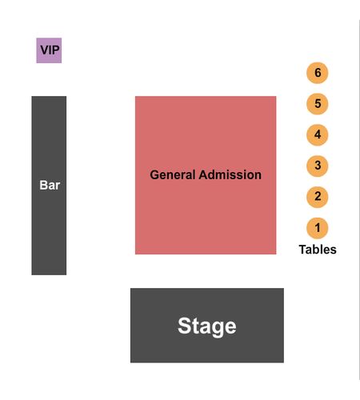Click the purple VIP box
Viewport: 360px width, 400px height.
tap(49, 50)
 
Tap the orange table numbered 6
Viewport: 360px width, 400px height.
tap(318, 73)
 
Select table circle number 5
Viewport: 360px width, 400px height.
tap(318, 104)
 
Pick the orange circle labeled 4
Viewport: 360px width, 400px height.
tap(318, 134)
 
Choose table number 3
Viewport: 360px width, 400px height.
tap(318, 166)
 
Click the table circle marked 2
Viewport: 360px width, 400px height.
tap(318, 197)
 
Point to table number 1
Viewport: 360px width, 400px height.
tap(318, 228)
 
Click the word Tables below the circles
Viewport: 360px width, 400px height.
tap(318, 250)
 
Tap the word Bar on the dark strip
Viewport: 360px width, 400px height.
tap(50, 185)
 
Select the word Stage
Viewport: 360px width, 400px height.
tap(207, 326)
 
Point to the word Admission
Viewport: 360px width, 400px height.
tap(230, 175)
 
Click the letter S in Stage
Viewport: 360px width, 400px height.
tap(185, 326)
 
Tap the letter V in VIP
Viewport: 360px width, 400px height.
tap(44, 50)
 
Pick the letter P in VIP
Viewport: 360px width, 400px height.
tap(55, 50)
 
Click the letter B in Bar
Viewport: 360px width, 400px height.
tap(43, 185)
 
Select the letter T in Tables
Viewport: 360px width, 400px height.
tap(302, 250)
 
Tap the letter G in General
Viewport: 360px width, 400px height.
tap(154, 175)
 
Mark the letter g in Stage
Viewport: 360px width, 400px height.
tap(218, 329)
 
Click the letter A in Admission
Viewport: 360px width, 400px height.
tap(203, 175)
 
